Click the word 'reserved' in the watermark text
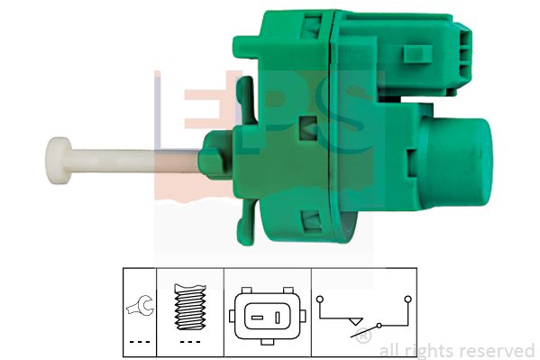tap(494, 350)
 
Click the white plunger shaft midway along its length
tap(135, 160)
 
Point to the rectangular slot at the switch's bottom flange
tap(314, 218)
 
